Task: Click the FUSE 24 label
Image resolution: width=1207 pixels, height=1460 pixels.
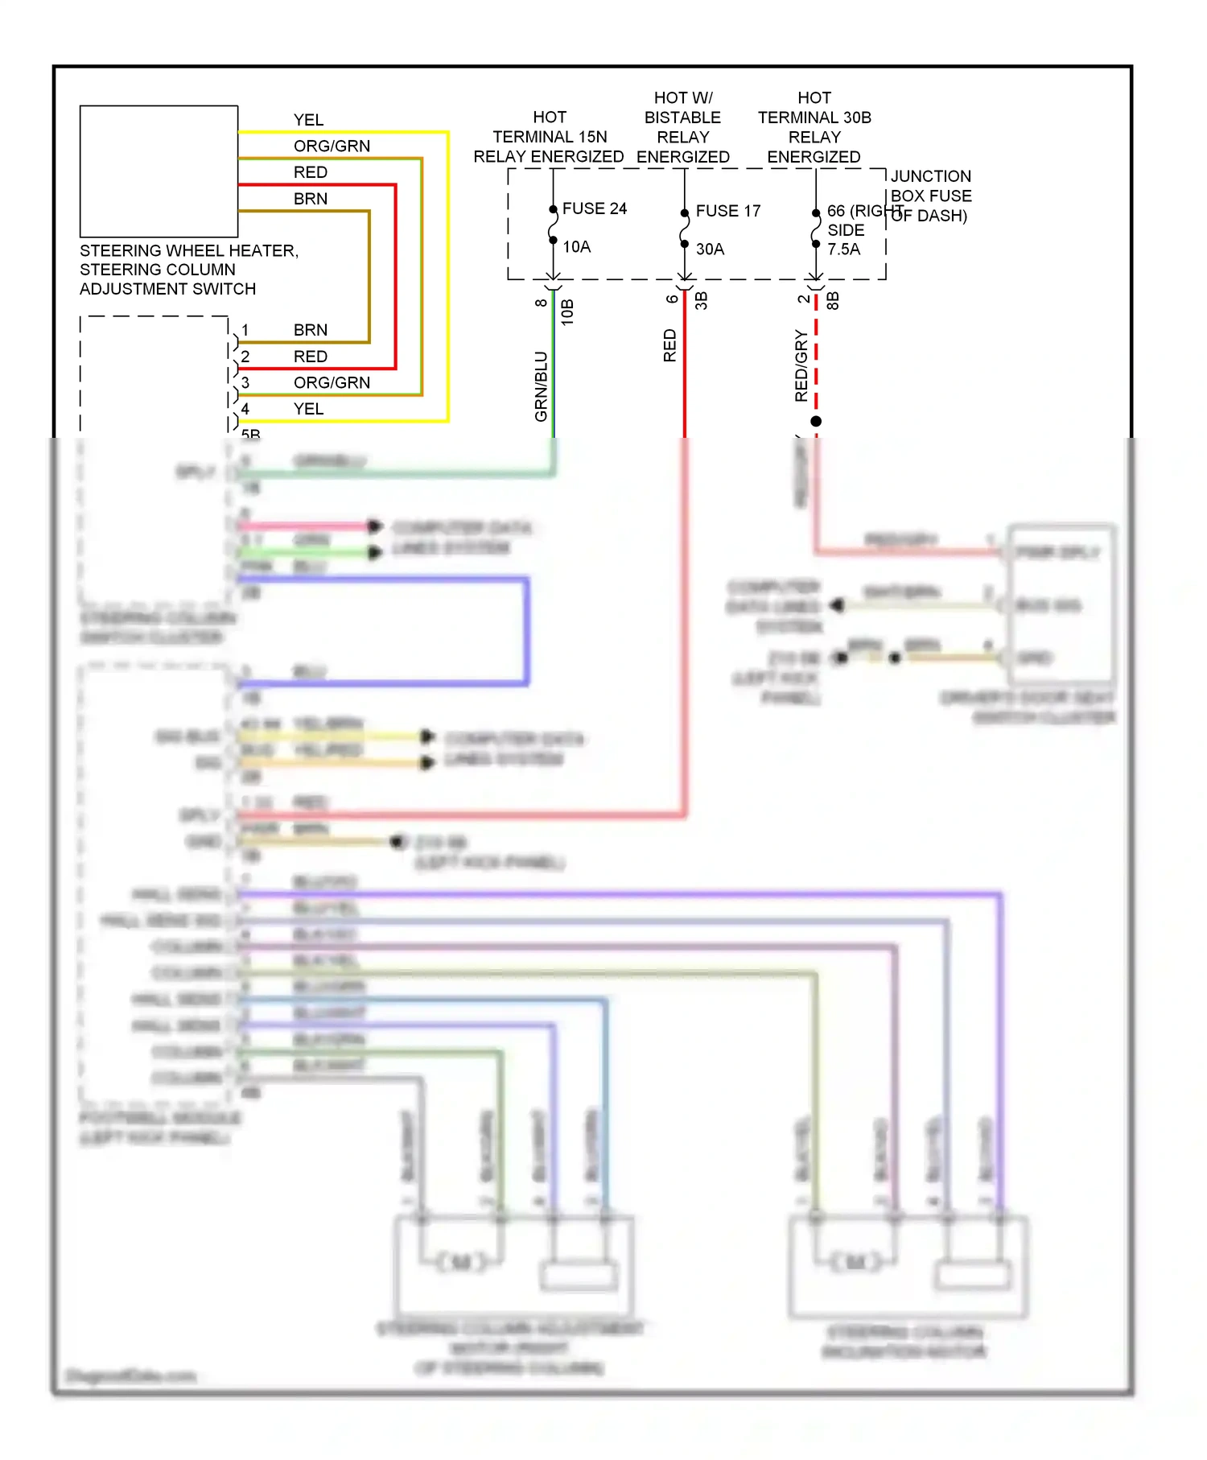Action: pos(594,208)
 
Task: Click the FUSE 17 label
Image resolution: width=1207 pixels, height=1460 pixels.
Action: pos(727,211)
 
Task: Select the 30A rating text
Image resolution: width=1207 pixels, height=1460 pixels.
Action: pos(710,250)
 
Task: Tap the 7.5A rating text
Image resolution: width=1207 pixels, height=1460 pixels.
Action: pos(843,250)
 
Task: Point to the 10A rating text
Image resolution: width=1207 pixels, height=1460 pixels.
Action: pos(576,247)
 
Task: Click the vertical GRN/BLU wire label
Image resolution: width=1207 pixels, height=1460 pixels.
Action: pos(541,386)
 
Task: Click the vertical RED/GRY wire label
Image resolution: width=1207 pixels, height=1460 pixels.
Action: pos(801,365)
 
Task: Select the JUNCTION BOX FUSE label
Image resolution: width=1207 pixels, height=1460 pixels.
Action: pos(930,196)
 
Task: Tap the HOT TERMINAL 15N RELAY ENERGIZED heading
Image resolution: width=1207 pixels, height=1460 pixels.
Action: pos(549,137)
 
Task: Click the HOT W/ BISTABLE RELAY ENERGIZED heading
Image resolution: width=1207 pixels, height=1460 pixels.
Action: pos(682,127)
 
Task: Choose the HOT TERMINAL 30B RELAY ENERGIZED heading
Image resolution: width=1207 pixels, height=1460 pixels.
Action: pos(814,127)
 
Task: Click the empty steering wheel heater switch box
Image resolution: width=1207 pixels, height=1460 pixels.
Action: pos(159,171)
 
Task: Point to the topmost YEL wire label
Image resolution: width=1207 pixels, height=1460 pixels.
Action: pos(308,120)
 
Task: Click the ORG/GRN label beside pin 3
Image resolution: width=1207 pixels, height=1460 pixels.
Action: pos(332,383)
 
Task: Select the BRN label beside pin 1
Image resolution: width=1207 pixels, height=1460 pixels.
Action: pos(310,330)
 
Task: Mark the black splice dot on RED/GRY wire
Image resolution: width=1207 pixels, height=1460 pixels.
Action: pos(816,421)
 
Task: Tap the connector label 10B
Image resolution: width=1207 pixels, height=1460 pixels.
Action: pos(567,312)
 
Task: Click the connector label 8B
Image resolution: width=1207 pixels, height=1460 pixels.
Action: pos(834,301)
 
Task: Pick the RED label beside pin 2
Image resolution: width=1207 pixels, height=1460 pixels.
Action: pos(310,357)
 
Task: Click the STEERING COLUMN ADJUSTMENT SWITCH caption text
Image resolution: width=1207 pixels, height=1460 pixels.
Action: pos(188,270)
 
